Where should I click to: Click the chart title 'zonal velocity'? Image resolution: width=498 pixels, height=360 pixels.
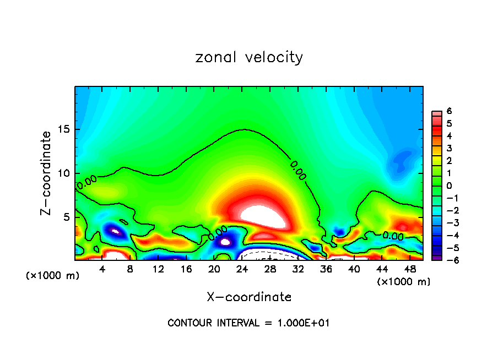(249, 57)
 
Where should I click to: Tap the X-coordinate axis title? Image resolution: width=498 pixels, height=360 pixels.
(249, 297)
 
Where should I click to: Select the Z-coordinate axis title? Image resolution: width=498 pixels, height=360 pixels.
(46, 173)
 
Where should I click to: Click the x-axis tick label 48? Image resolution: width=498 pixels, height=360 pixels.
(410, 270)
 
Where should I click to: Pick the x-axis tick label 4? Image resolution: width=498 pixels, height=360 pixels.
(102, 270)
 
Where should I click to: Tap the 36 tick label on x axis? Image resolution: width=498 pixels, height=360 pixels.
(326, 270)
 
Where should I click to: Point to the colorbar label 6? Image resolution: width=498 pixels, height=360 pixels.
(449, 111)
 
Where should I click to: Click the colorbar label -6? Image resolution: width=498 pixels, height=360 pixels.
(447, 260)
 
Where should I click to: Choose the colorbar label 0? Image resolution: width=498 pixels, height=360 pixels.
(449, 186)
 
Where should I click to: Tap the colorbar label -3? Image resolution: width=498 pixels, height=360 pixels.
(447, 222)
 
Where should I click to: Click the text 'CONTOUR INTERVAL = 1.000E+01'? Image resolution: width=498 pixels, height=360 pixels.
(248, 323)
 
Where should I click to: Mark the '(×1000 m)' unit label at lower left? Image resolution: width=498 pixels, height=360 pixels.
(53, 275)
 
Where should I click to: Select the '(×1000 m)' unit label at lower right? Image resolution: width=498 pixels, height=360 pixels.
(404, 281)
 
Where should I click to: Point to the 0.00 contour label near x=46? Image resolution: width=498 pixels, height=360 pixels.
(393, 236)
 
